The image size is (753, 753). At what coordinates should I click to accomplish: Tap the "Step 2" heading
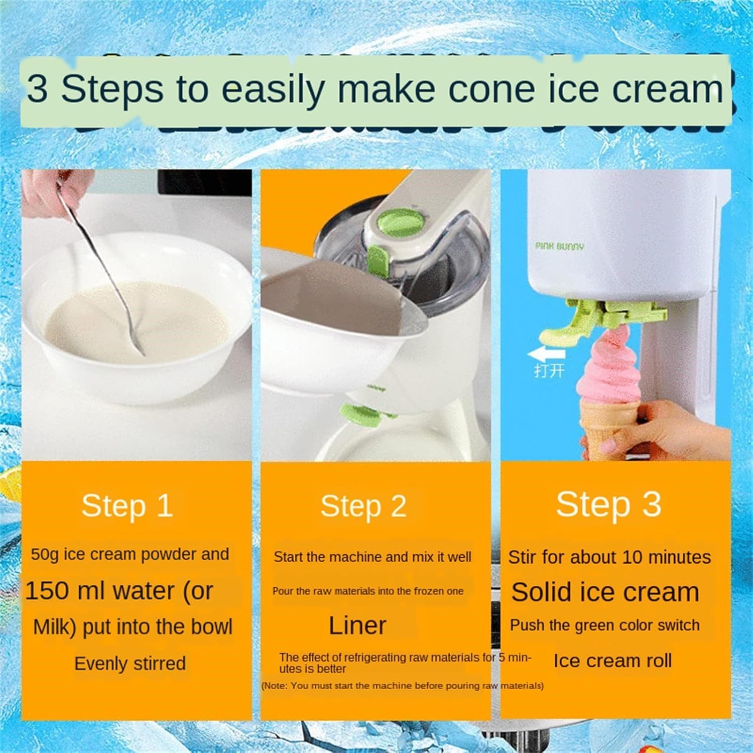pos(363,506)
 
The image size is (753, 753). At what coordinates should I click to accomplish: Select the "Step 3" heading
pos(608,504)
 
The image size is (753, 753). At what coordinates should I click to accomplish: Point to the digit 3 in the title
pos(38,89)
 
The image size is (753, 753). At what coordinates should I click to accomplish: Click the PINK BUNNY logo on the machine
pos(559,246)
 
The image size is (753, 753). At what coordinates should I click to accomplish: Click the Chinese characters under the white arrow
pos(549,371)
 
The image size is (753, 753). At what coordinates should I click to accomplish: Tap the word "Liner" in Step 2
pos(357,625)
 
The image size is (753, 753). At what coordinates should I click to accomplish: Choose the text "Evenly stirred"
pos(130,664)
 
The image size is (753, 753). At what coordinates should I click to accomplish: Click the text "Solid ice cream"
pos(605,592)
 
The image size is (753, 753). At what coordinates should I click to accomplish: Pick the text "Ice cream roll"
pos(612,661)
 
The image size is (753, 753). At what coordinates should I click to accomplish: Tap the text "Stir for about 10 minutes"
pos(609,557)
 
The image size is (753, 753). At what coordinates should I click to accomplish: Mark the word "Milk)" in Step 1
pos(54,627)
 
